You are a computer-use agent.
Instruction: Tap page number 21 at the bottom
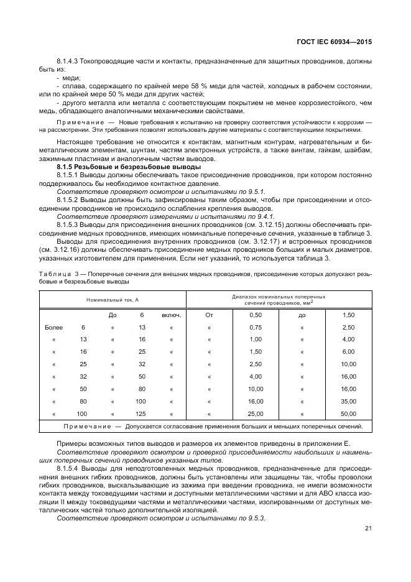(x=368, y=529)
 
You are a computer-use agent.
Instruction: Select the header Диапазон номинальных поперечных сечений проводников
(x=279, y=300)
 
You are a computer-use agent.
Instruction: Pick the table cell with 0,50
(x=256, y=315)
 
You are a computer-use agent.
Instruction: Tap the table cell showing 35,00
(x=348, y=401)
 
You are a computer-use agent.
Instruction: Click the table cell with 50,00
(x=348, y=413)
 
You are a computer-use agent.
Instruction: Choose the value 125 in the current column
(x=141, y=413)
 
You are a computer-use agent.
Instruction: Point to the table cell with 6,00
(x=348, y=352)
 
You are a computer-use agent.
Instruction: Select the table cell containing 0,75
(x=256, y=327)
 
